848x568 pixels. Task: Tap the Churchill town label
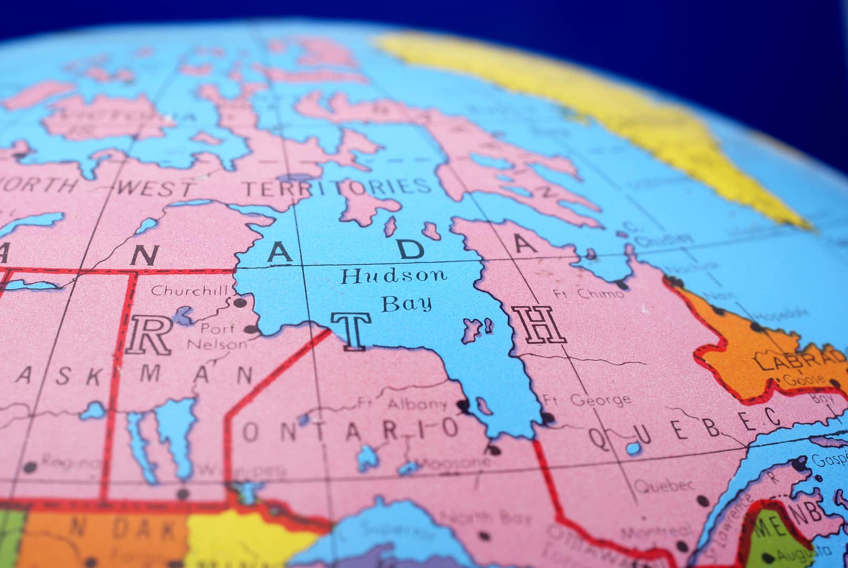coord(190,290)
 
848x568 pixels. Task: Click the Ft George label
coord(587,399)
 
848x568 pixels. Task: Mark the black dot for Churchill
coord(240,302)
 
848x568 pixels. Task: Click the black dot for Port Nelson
coord(252,330)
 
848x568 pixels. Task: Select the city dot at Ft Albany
coord(463,405)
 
